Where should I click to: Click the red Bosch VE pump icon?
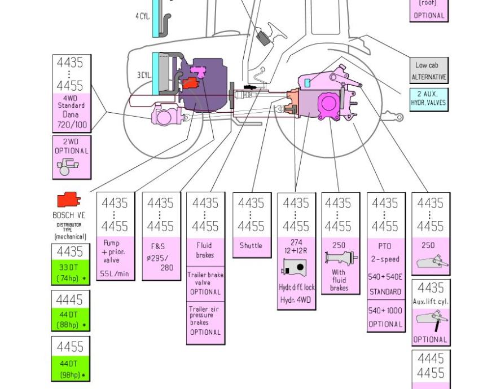click(69, 200)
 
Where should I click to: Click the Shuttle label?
click(251, 246)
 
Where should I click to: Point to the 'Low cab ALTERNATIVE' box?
click(428, 70)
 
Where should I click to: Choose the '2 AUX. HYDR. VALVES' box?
click(428, 99)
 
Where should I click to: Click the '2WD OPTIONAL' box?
click(72, 157)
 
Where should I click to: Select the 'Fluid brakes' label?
click(204, 251)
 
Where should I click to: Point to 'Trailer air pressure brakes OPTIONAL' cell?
click(204, 321)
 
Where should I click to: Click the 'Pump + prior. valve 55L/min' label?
click(115, 258)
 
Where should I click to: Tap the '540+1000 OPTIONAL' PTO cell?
click(385, 317)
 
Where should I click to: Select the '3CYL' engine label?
click(144, 75)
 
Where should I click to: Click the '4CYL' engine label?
click(143, 16)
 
